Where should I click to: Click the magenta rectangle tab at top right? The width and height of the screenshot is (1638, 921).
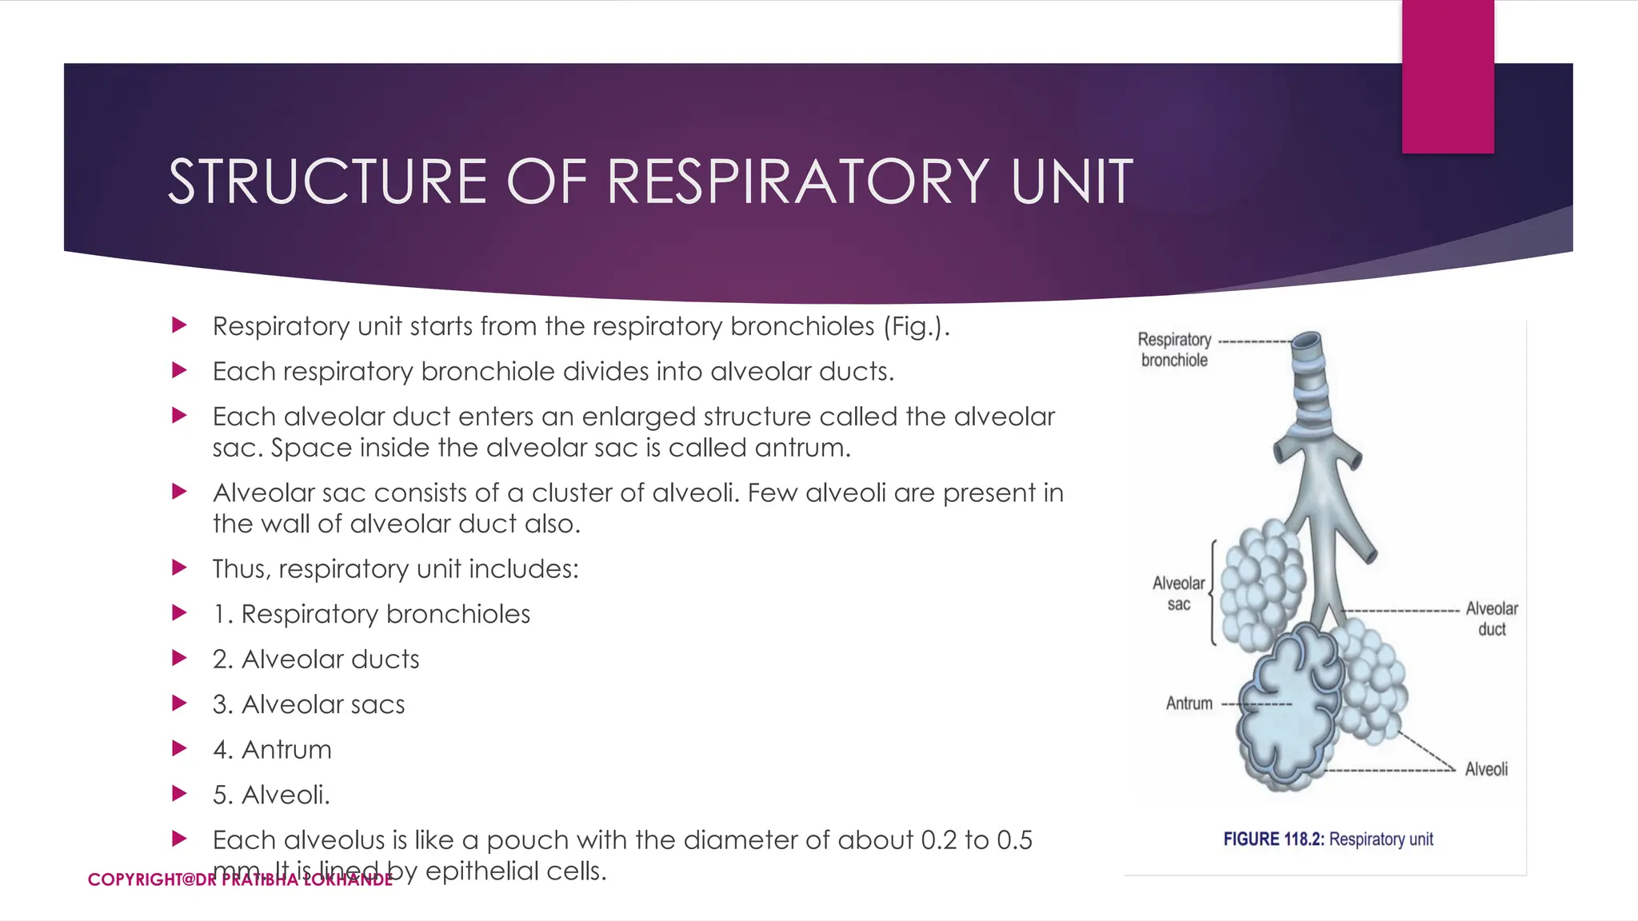tap(1448, 76)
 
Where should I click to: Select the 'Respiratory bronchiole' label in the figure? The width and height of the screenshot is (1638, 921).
tap(1174, 350)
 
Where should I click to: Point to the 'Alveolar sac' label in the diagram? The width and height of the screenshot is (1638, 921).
tap(1178, 594)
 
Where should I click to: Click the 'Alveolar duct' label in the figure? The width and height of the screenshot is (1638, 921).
tap(1491, 619)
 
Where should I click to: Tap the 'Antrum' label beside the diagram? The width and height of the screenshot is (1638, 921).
tap(1189, 704)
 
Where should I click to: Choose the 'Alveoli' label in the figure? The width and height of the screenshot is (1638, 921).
tap(1486, 769)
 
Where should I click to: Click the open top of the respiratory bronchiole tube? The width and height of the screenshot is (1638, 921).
tap(1308, 341)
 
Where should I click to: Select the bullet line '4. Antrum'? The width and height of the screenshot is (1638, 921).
tap(272, 750)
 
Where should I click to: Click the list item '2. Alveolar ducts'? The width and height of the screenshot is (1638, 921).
tap(316, 660)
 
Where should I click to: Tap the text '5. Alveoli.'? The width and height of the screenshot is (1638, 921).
tap(271, 795)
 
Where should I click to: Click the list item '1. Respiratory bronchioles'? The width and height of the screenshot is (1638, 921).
tap(371, 614)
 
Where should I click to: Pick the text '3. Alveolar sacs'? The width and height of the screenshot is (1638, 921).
tap(309, 704)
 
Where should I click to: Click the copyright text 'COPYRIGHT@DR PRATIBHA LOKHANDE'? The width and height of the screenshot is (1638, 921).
tap(240, 879)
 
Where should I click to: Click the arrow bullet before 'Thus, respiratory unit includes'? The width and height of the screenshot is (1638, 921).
tap(180, 568)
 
